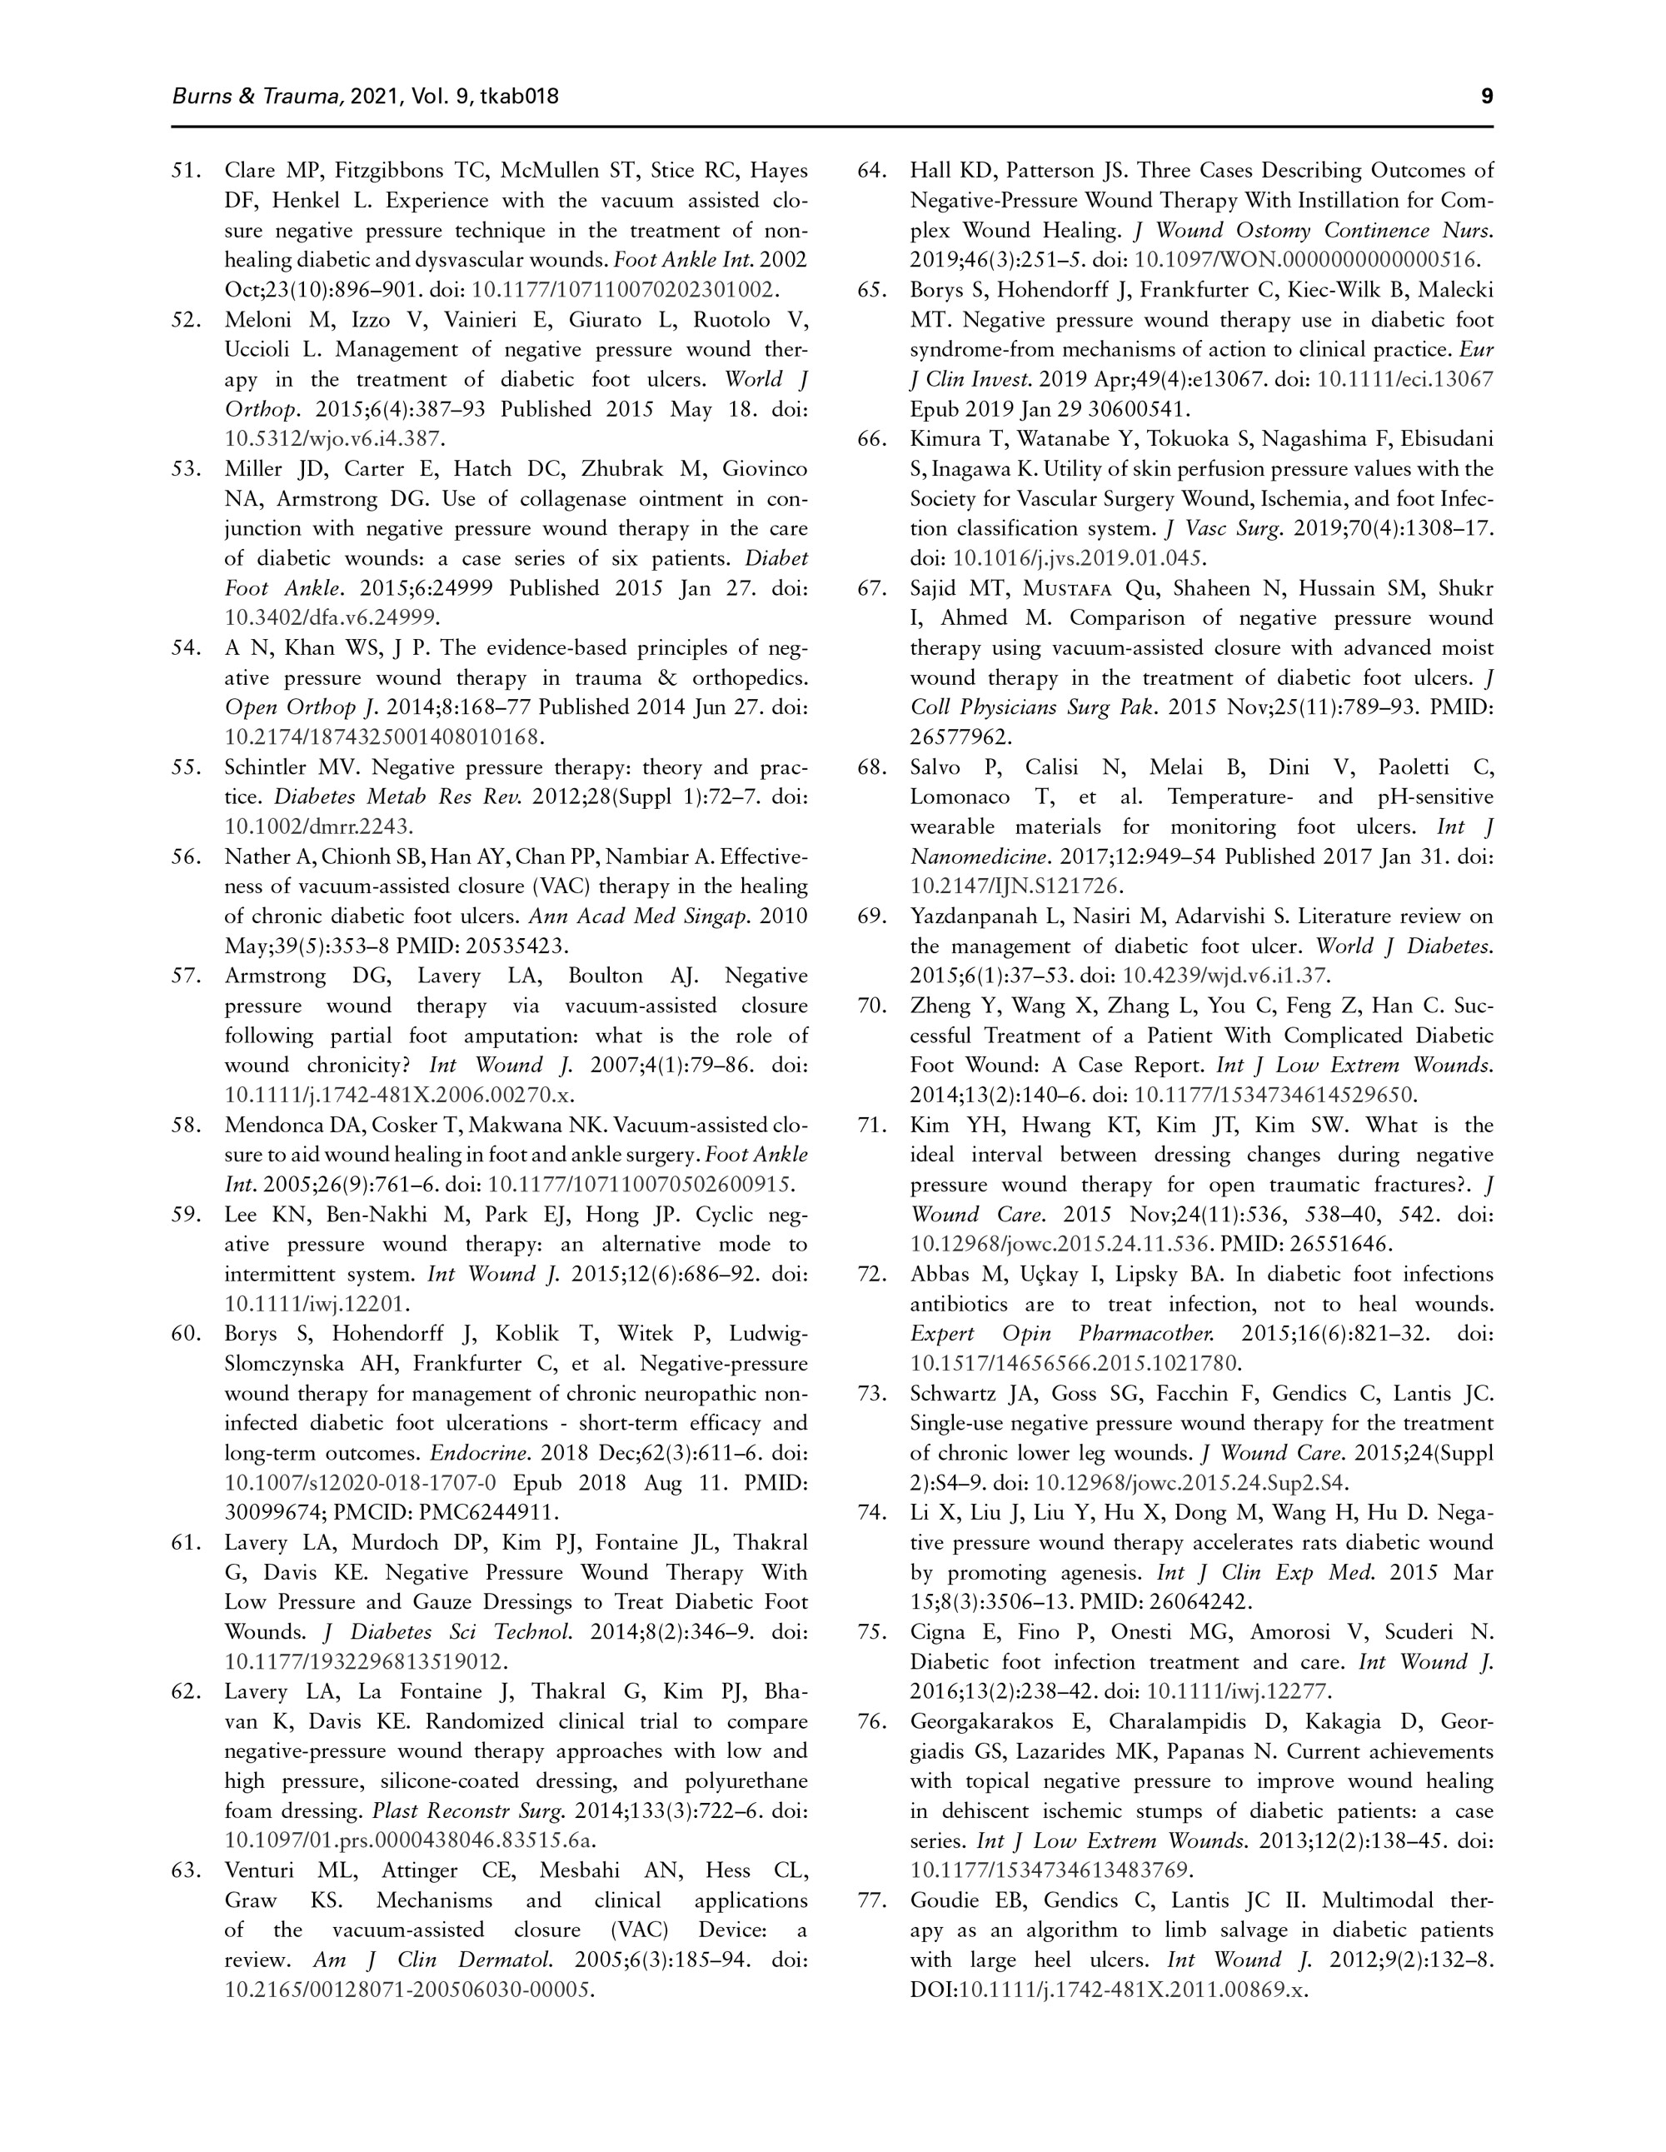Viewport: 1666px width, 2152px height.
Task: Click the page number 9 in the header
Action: (x=1487, y=96)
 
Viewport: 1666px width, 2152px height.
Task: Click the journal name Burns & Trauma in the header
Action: (x=257, y=96)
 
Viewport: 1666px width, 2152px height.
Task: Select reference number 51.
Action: (x=187, y=171)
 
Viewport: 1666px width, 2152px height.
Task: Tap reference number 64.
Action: (x=872, y=171)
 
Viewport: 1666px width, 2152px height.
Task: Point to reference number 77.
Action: (x=872, y=1900)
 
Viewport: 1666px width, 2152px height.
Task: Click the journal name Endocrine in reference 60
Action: (x=467, y=1452)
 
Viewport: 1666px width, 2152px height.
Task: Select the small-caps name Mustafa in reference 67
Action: (x=1069, y=588)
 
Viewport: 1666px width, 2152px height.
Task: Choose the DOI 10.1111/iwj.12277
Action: (x=1239, y=1692)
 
